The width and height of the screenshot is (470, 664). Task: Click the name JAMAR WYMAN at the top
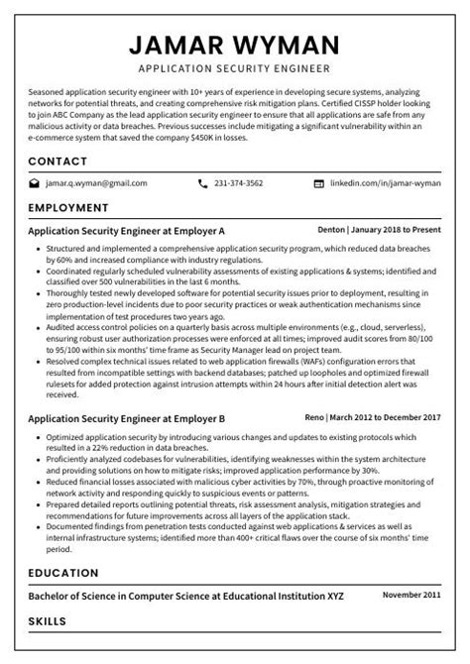pyautogui.click(x=234, y=45)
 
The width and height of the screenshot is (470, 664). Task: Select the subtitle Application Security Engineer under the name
pyautogui.click(x=234, y=69)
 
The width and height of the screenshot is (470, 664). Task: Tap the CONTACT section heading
pyautogui.click(x=58, y=161)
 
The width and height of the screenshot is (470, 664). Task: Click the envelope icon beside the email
pyautogui.click(x=35, y=183)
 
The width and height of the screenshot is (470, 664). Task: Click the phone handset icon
pyautogui.click(x=203, y=183)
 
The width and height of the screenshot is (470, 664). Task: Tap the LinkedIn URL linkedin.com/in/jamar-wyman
pyautogui.click(x=385, y=183)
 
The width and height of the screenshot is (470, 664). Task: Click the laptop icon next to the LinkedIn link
pyautogui.click(x=318, y=183)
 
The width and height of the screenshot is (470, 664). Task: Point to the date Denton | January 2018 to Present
pyautogui.click(x=386, y=227)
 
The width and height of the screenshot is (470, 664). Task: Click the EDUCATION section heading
pyautogui.click(x=63, y=573)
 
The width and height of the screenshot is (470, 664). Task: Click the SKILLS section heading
pyautogui.click(x=48, y=621)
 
